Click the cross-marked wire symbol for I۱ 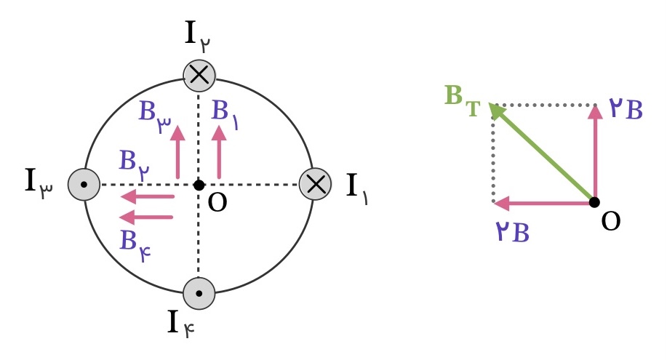315,184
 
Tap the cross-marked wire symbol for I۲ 199,76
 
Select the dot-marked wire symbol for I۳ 84,185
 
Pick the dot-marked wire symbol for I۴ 199,293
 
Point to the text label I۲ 198,36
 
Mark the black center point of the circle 199,185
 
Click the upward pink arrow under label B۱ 219,152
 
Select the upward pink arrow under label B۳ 177,152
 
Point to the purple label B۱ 225,113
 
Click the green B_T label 463,100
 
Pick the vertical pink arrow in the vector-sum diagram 595,153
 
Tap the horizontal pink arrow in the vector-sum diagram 543,203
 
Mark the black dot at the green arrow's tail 595,203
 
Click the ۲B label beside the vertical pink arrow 626,108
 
